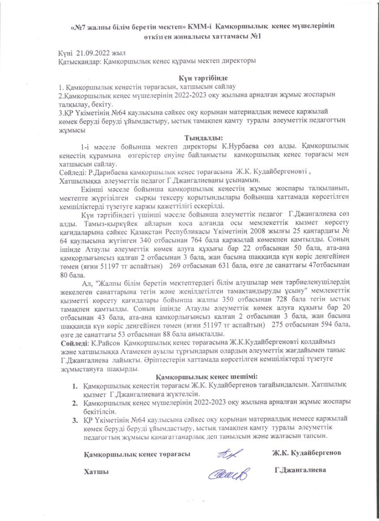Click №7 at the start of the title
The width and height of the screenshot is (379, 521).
pos(77,27)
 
